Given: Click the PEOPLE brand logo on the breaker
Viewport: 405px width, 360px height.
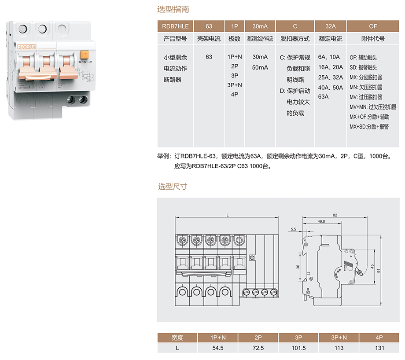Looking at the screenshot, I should click(26, 46).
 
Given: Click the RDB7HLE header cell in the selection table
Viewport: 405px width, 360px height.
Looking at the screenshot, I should click(175, 26).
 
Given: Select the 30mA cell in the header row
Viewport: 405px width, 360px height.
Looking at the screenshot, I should click(260, 26).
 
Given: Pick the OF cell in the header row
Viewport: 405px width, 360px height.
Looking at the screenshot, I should click(372, 26).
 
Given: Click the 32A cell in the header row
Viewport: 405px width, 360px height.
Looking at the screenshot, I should click(330, 26).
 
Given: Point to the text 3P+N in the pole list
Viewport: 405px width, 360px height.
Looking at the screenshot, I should click(234, 84).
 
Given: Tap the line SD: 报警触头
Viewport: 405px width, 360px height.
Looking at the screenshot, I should click(363, 67).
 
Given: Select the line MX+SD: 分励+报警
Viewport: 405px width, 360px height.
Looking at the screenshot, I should click(369, 127).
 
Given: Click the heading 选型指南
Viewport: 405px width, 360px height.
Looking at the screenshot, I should click(173, 9).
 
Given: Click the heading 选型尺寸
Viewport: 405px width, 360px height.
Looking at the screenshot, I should click(173, 186).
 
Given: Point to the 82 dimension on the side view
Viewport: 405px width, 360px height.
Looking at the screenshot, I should click(335, 215).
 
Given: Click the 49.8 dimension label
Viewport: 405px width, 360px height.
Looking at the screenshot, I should click(321, 221).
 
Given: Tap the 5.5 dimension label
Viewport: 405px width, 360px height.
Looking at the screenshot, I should click(294, 229).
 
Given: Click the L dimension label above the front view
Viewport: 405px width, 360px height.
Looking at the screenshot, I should click(227, 215).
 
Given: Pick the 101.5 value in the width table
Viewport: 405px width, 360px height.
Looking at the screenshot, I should click(298, 348).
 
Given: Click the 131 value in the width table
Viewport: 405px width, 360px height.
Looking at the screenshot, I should click(379, 348).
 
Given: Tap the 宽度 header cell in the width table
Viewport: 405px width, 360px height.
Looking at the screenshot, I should click(177, 338).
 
